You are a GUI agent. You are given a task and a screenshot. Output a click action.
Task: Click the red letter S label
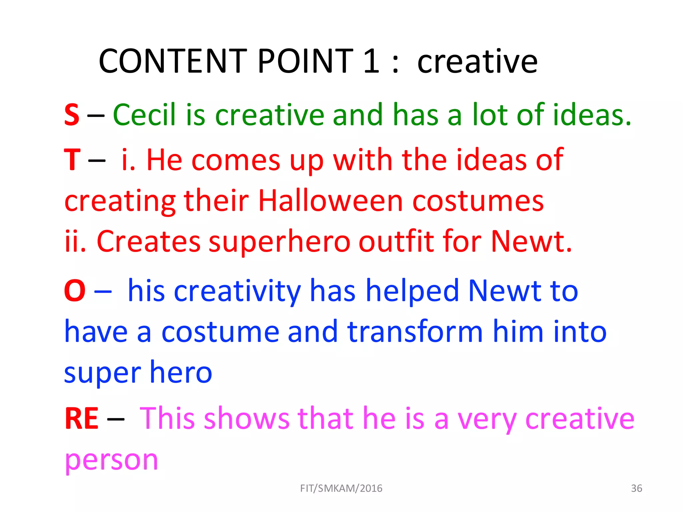[x=72, y=115]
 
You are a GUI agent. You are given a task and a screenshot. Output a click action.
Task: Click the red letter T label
[x=72, y=160]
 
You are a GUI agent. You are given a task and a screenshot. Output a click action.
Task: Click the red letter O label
[x=75, y=291]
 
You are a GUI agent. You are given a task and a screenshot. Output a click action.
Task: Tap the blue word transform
[x=415, y=332]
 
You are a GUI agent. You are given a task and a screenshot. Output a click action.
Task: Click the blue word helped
[x=413, y=291]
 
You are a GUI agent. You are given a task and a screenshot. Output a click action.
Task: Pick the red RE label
[x=81, y=419]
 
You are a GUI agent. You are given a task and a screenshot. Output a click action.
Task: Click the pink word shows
[x=247, y=419]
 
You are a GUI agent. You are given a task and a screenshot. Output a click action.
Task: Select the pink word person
[x=111, y=460]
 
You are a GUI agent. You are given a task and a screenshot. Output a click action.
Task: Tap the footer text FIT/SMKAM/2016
[x=341, y=488]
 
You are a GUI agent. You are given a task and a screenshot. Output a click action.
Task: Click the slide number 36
[x=636, y=488]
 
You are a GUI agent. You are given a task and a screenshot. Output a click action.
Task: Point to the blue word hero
[x=181, y=372]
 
